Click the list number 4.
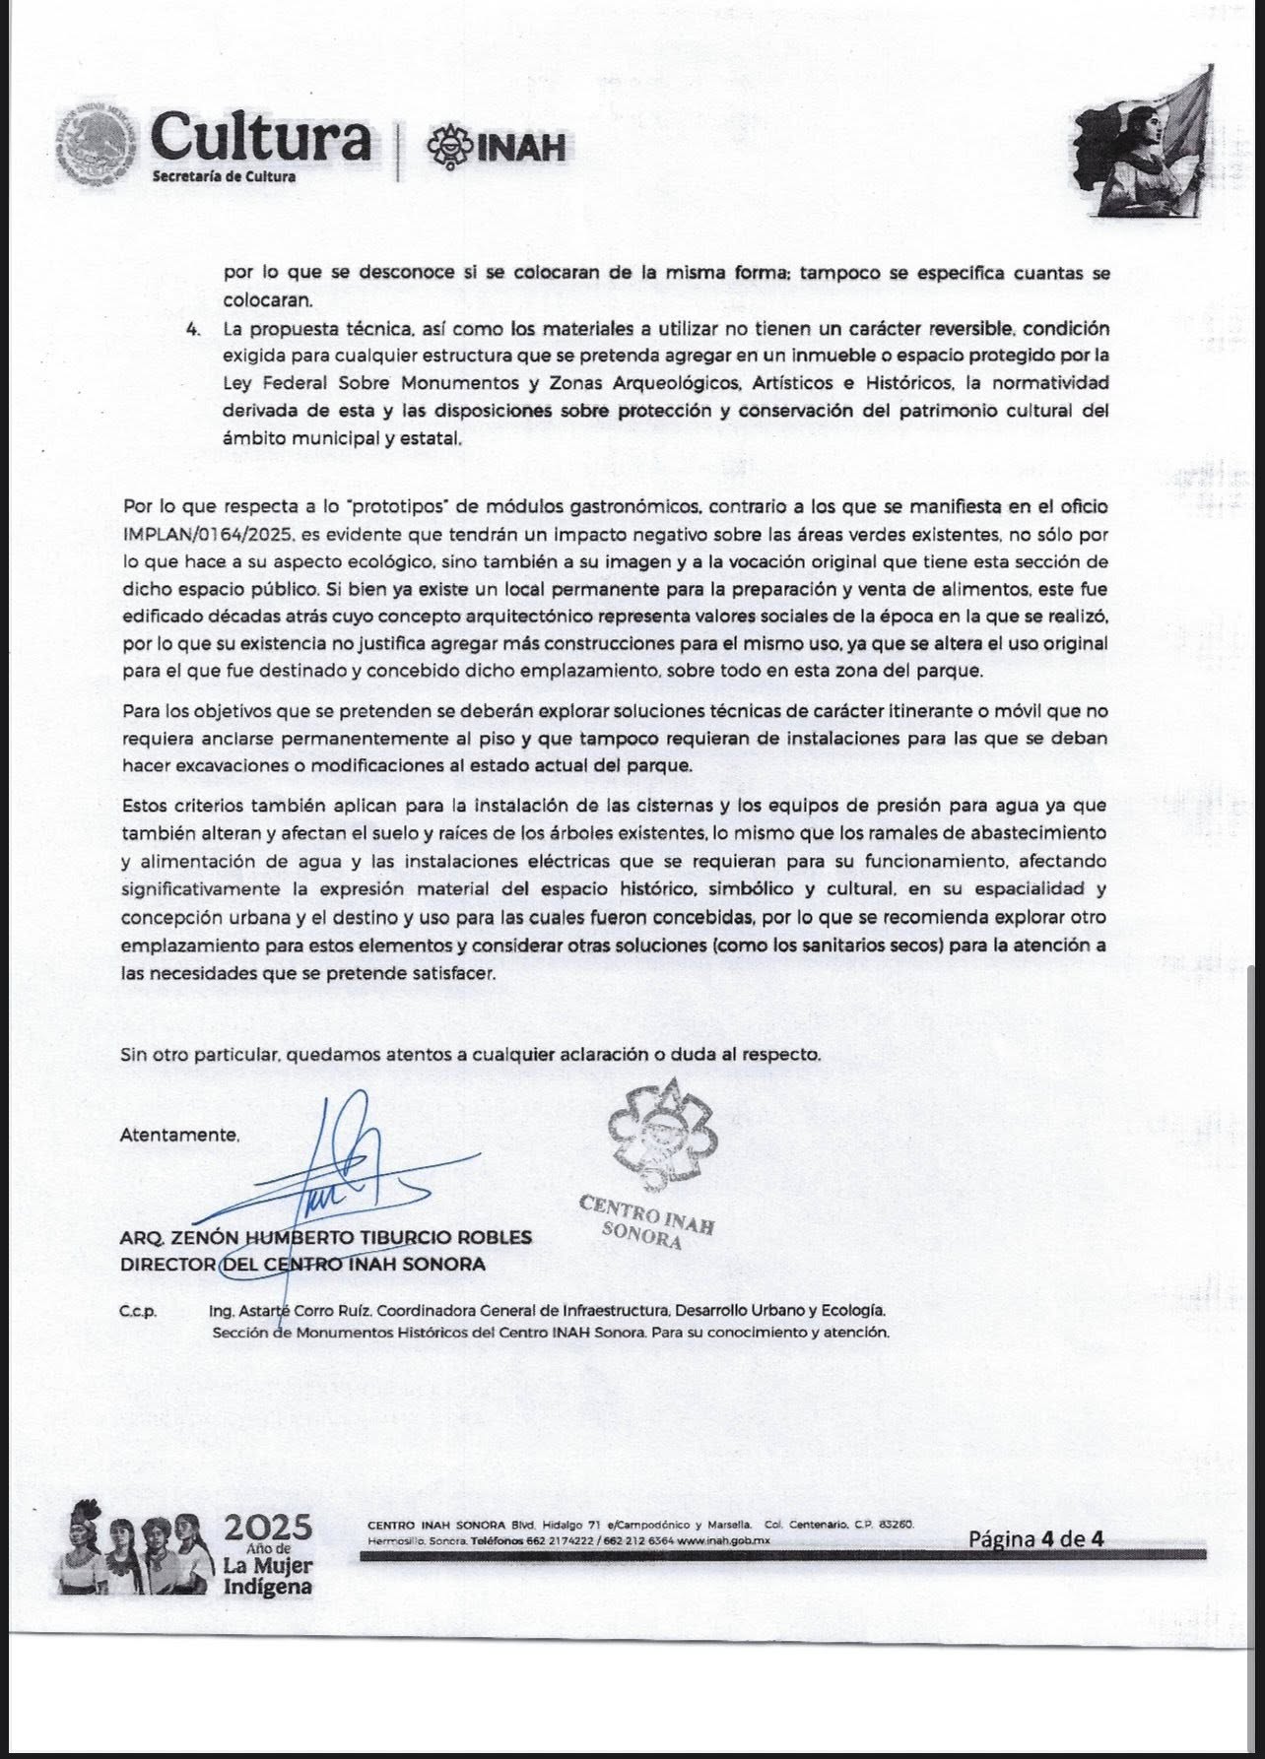click(193, 328)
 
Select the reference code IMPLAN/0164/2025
click(204, 536)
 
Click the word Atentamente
click(179, 1135)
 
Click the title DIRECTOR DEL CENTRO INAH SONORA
click(302, 1265)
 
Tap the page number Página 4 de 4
click(1035, 1538)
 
